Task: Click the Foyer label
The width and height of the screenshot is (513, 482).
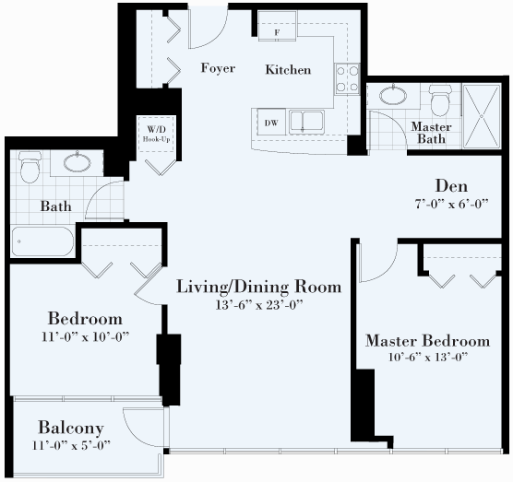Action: pyautogui.click(x=218, y=68)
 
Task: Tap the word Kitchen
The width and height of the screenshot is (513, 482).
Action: pyautogui.click(x=288, y=70)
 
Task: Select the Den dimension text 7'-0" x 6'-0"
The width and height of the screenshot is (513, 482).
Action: pyautogui.click(x=451, y=204)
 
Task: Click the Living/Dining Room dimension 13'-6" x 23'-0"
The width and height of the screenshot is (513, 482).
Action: pyautogui.click(x=259, y=304)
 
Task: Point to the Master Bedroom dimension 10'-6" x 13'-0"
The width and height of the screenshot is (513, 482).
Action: pyautogui.click(x=428, y=357)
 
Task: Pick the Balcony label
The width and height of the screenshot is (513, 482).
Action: pyautogui.click(x=71, y=428)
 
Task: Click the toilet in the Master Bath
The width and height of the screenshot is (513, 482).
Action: pyautogui.click(x=440, y=100)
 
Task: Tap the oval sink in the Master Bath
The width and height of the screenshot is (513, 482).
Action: pyautogui.click(x=393, y=95)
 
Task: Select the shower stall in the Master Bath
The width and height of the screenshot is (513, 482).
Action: pyautogui.click(x=482, y=116)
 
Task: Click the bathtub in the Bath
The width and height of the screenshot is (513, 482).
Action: pyautogui.click(x=42, y=241)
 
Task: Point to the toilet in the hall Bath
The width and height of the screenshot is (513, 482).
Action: pyautogui.click(x=30, y=167)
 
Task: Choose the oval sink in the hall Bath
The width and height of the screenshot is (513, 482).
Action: pyautogui.click(x=78, y=162)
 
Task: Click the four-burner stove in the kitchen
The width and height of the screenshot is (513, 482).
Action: pyautogui.click(x=347, y=78)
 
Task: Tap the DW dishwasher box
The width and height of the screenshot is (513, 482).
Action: pyautogui.click(x=271, y=123)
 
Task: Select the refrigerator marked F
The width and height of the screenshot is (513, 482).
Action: pyautogui.click(x=278, y=26)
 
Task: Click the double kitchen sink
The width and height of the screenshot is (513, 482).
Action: pyautogui.click(x=306, y=122)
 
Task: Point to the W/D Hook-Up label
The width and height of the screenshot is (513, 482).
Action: pyautogui.click(x=156, y=134)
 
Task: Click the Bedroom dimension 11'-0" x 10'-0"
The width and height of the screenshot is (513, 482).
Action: pyautogui.click(x=86, y=336)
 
